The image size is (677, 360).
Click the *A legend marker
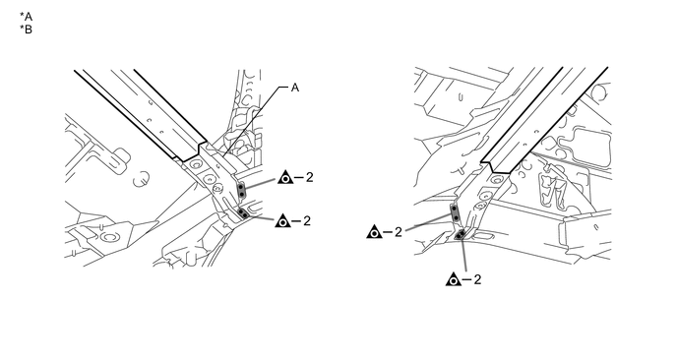26,17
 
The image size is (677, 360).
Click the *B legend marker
26,30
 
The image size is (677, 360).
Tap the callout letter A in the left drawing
295,88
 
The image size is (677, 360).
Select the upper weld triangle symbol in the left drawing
285,177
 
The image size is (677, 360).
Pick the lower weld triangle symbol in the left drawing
282,221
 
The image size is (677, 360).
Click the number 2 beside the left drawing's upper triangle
309,177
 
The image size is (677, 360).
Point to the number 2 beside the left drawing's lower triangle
307,220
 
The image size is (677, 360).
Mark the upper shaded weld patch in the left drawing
242,191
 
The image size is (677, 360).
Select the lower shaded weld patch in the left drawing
243,212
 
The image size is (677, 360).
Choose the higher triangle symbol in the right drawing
374,232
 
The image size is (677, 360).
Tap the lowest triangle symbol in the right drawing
454,279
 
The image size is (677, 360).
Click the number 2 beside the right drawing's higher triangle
399,232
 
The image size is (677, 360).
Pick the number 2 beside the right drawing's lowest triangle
477,279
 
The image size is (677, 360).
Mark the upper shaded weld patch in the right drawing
455,212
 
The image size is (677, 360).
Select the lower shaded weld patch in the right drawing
461,234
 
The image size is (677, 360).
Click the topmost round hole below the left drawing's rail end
196,164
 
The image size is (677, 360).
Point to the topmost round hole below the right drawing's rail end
496,178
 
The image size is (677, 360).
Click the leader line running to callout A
255,120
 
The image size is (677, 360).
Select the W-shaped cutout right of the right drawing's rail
551,189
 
